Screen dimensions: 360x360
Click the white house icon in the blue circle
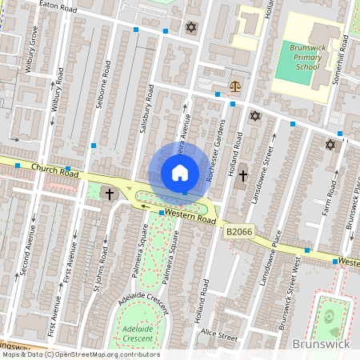point(180,173)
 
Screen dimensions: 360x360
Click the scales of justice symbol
point(234,85)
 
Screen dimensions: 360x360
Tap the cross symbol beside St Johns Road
point(109,194)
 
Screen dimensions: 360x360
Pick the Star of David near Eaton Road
point(190,27)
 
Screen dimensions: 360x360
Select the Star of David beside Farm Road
point(330,145)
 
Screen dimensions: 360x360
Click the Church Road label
point(56,170)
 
